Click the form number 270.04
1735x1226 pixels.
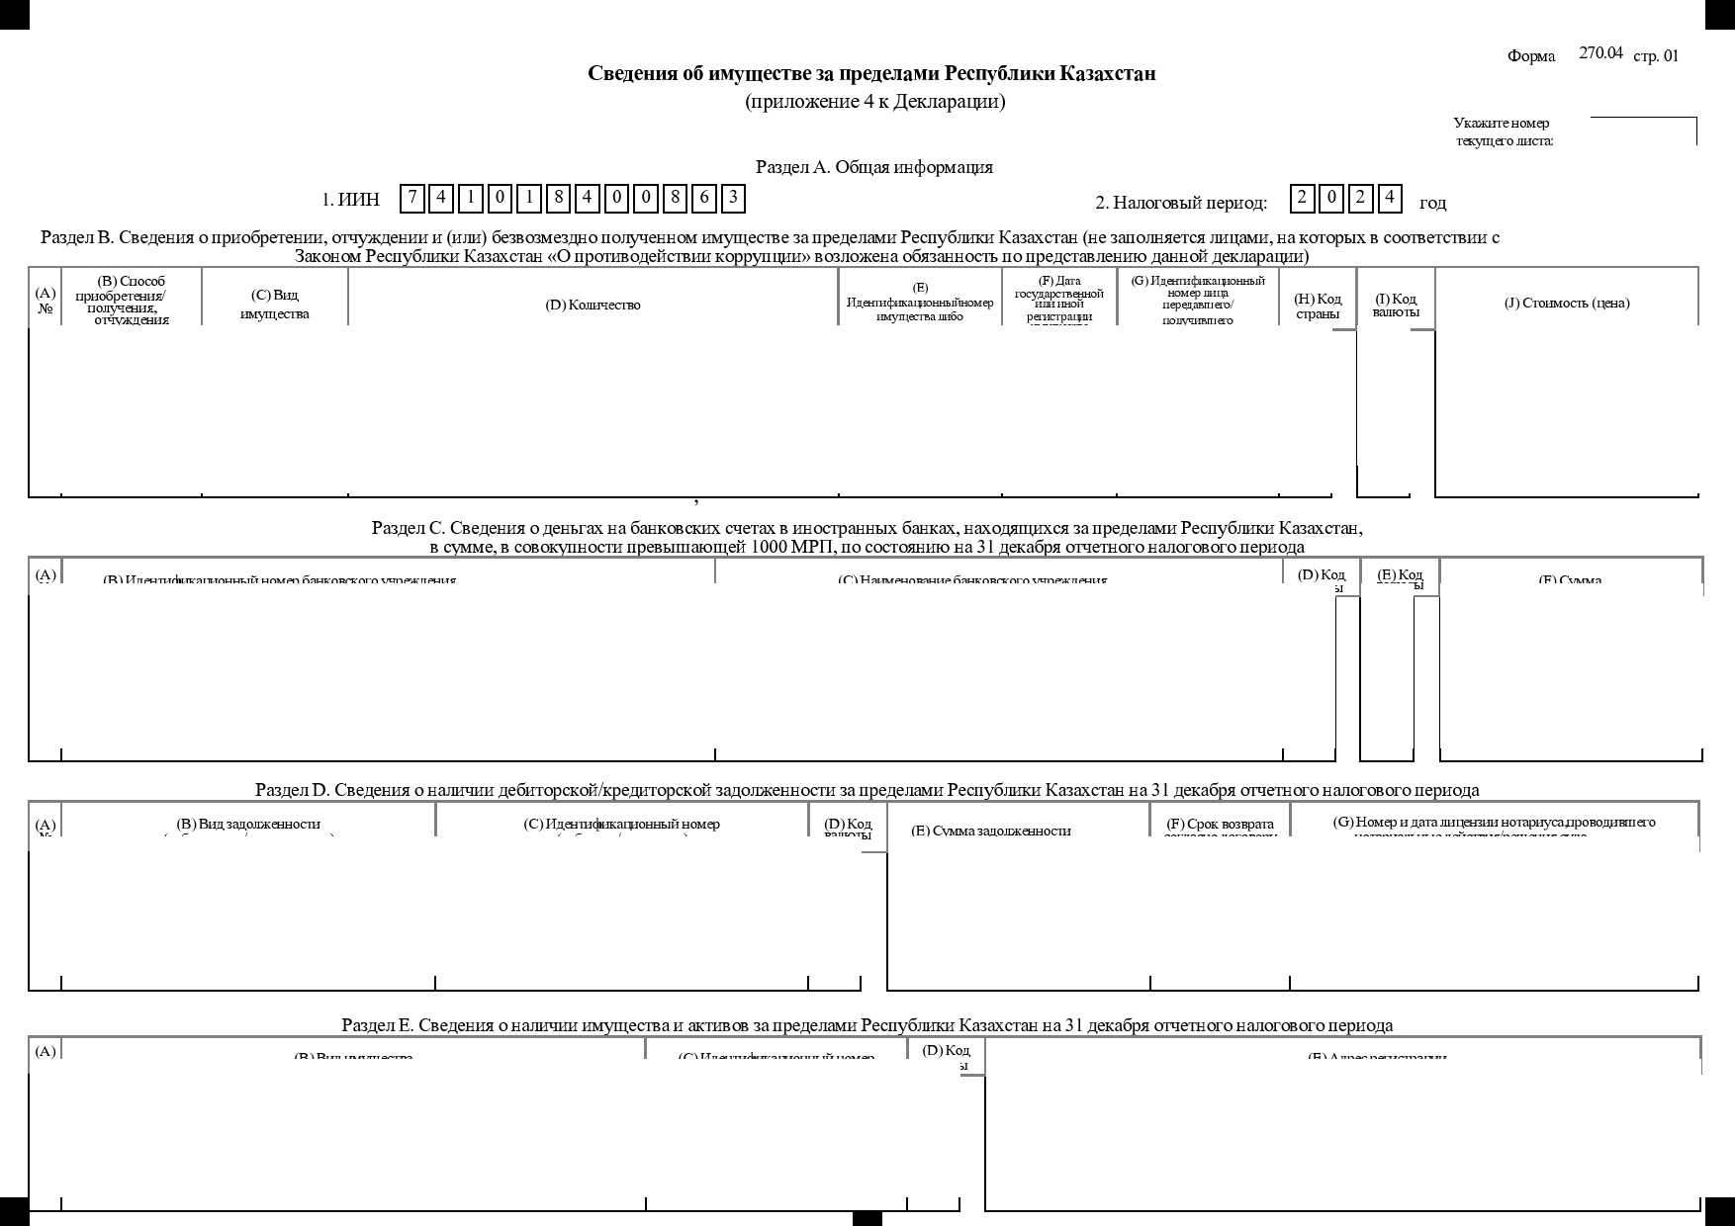coord(1600,53)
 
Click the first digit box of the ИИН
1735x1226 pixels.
coord(412,199)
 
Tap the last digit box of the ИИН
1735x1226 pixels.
coord(733,199)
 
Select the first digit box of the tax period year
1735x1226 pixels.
coord(1302,199)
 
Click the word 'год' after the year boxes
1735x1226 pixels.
coord(1432,204)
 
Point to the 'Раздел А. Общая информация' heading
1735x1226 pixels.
coord(874,167)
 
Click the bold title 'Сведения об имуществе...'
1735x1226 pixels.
coord(871,74)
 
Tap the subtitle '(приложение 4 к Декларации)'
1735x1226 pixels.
coord(874,102)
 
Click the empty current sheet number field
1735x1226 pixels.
coord(1642,131)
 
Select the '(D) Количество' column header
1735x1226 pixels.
coord(593,305)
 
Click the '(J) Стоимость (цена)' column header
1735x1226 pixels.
coord(1567,303)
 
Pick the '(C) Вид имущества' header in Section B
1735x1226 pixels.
coord(275,305)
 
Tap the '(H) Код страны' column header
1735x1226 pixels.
coord(1318,306)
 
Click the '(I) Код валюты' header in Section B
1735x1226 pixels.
coord(1396,306)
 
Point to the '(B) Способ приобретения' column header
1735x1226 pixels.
coord(132,299)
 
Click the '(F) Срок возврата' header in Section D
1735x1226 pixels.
coord(1220,825)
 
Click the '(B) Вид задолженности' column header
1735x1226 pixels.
coord(248,824)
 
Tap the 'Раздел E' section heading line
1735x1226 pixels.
coord(867,1025)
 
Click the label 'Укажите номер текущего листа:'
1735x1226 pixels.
coord(1503,131)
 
